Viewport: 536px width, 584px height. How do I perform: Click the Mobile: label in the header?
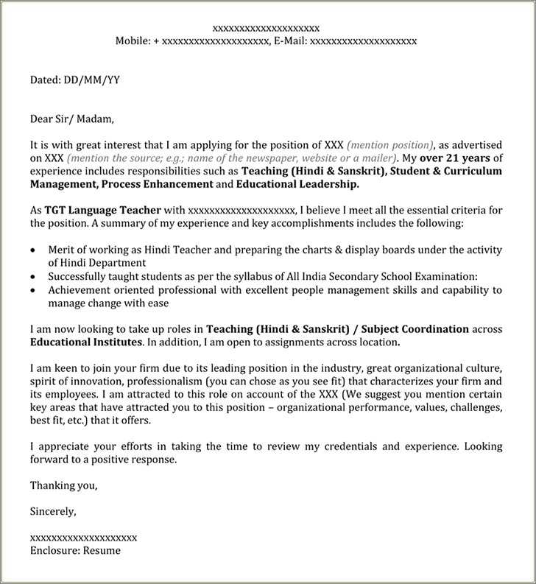coord(133,41)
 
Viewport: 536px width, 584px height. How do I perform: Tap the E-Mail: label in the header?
coord(289,41)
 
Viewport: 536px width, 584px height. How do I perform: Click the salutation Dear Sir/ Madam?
coord(72,119)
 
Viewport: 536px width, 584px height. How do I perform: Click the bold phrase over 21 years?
coord(455,158)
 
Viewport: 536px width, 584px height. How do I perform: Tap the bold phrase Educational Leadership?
coord(297,184)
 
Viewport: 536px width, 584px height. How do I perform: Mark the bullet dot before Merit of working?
coord(33,250)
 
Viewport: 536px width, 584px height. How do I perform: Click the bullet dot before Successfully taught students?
coord(33,277)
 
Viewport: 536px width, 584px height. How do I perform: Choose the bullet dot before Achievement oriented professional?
coord(33,290)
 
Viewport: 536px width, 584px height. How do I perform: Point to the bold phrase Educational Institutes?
coord(86,342)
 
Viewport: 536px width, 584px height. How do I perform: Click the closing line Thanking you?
coord(63,485)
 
